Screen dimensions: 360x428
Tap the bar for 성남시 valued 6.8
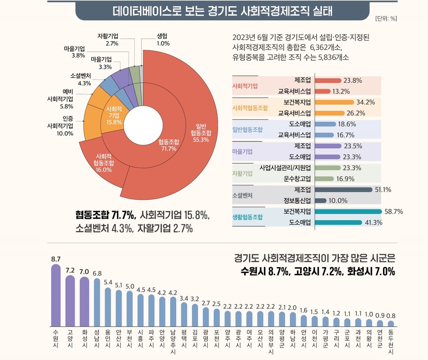pos(97,303)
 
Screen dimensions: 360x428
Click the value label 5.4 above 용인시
pos(108,282)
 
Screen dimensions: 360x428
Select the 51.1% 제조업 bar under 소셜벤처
pos(344,190)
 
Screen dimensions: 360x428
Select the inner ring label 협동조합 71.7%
pos(169,145)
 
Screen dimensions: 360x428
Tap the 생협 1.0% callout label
pos(163,40)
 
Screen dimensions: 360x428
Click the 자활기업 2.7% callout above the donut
pos(108,39)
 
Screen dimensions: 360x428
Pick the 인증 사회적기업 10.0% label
pos(62,126)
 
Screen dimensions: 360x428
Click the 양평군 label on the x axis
pos(282,339)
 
